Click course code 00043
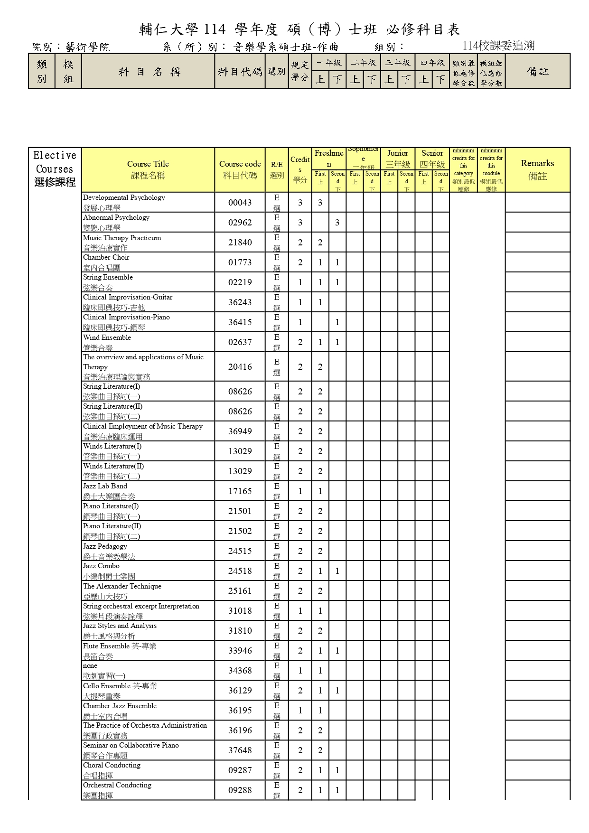pos(240,203)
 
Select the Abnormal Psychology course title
pos(116,218)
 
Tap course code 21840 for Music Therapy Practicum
pos(240,243)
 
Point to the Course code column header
pos(240,169)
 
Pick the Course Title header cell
pos(148,169)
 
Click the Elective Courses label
pos(55,169)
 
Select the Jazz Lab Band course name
pos(105,487)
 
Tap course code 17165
pos(240,491)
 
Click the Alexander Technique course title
pos(122,587)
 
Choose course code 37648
pos(240,750)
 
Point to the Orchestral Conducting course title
pos(117,786)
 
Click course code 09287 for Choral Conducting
pos(240,770)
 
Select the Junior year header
pos(398,153)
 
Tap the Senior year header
pos(432,153)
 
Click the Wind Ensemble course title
pos(107,338)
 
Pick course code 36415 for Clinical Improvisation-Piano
pos(240,322)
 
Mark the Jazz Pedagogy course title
pos(105,547)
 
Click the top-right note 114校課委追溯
pos(498,46)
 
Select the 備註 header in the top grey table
pos(537,72)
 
